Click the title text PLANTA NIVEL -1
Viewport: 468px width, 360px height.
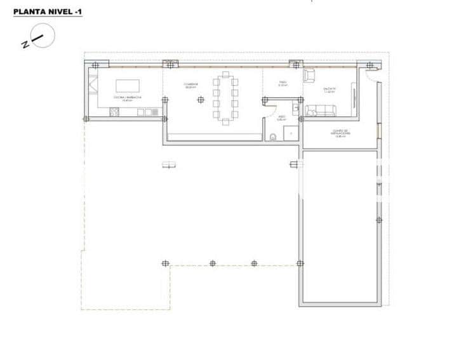pyautogui.click(x=48, y=11)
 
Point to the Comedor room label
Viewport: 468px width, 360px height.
pyautogui.click(x=191, y=85)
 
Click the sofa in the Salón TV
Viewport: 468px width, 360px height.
pyautogui.click(x=321, y=112)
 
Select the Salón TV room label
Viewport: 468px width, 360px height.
pyautogui.click(x=329, y=90)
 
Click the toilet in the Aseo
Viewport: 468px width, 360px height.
pyautogui.click(x=272, y=135)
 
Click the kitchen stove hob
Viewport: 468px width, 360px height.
pyautogui.click(x=114, y=112)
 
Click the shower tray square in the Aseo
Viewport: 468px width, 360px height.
pyautogui.click(x=290, y=133)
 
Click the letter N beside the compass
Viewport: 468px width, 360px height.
pyautogui.click(x=24, y=44)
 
